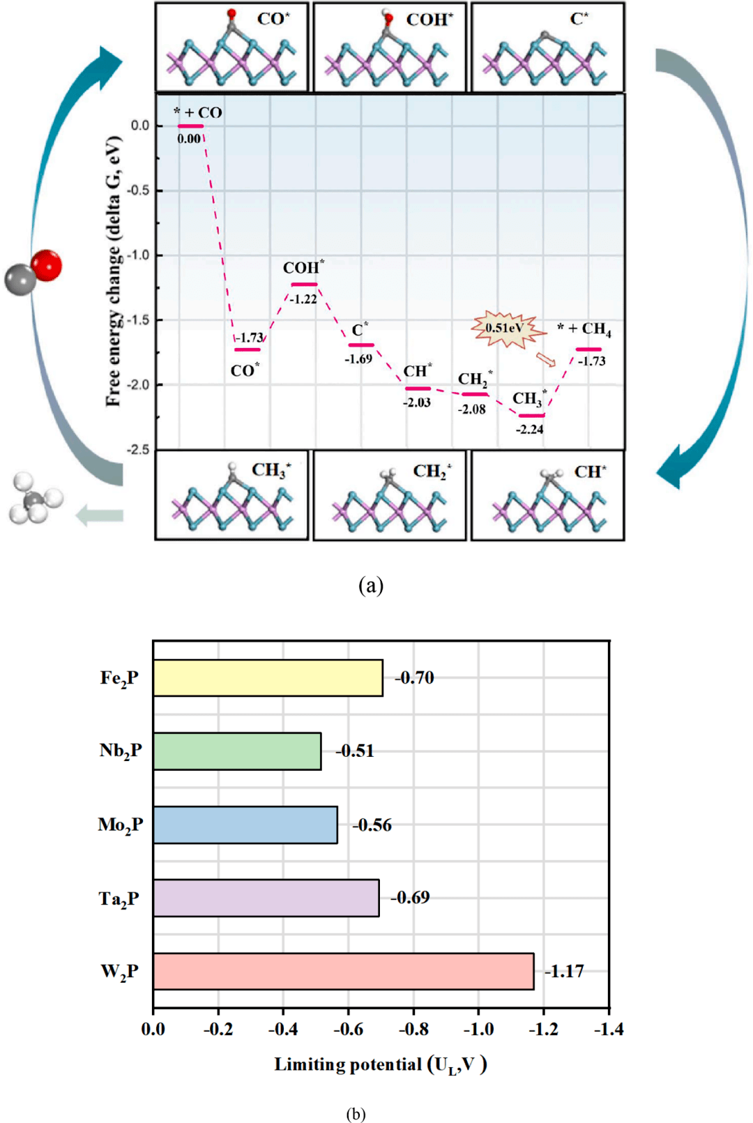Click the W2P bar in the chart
[343, 971]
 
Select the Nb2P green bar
[237, 751]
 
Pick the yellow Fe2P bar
[268, 677]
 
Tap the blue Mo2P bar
[245, 825]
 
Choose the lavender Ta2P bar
[266, 898]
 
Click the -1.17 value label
[564, 971]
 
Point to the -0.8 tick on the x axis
[413, 1029]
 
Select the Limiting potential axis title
[380, 1064]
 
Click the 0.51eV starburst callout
[505, 329]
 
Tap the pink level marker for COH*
[304, 284]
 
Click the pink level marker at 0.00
[190, 126]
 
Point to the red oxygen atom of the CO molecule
[47, 265]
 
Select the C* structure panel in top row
[547, 47]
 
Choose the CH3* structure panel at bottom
[231, 495]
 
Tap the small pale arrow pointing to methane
[99, 515]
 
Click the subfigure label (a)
[370, 585]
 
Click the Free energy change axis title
[114, 272]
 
